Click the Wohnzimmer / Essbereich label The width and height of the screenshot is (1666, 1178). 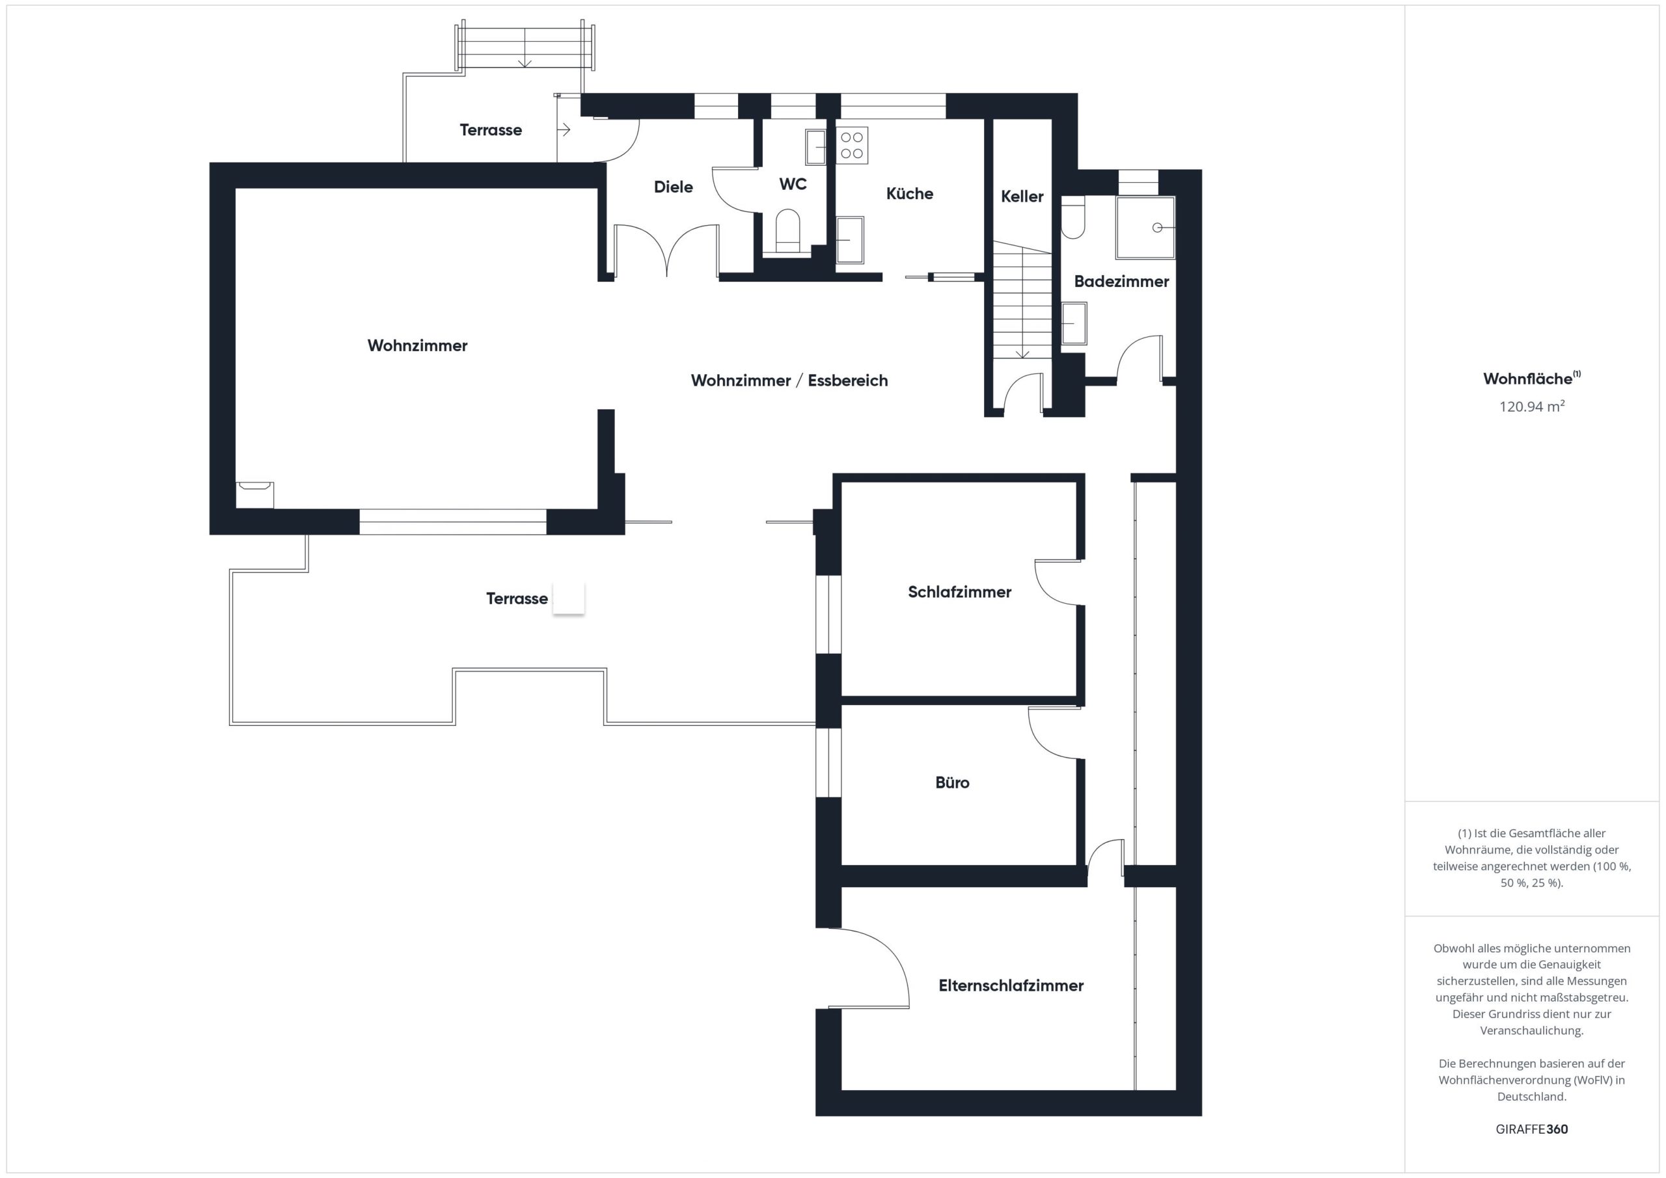[789, 381]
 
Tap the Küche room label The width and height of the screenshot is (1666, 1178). [909, 194]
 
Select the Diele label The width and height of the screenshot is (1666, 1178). [674, 187]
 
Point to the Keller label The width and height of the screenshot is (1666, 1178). [1022, 196]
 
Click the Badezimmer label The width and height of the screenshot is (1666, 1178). [1121, 282]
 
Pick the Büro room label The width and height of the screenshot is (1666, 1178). [952, 783]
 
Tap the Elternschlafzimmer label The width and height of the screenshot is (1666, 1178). [1011, 985]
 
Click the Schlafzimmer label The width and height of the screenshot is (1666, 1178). [959, 592]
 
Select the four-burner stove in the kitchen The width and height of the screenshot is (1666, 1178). [852, 145]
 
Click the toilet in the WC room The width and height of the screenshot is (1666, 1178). [787, 231]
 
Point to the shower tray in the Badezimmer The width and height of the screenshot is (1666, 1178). [1145, 228]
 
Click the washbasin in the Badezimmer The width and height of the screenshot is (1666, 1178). [1074, 323]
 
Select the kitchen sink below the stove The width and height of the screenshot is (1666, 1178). [851, 240]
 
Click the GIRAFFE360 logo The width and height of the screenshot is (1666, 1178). [1532, 1129]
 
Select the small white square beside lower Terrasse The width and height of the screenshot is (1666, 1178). [569, 598]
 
